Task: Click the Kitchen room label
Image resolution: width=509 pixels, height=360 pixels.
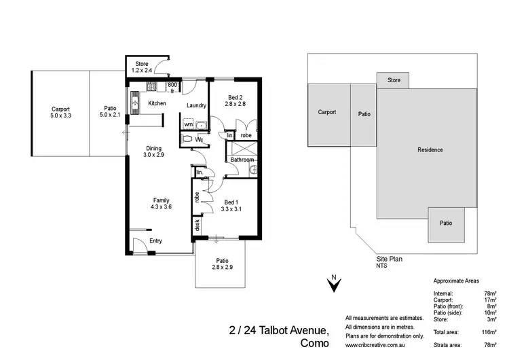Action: (x=157, y=103)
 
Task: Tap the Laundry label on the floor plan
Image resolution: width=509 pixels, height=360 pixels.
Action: (x=196, y=105)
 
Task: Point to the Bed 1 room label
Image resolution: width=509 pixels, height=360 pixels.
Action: (x=231, y=201)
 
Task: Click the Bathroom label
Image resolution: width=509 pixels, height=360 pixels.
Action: (x=242, y=160)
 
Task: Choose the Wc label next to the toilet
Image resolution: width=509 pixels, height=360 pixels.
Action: (x=200, y=140)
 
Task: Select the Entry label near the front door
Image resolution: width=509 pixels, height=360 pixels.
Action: (x=155, y=240)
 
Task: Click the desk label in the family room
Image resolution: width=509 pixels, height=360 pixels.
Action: (x=197, y=225)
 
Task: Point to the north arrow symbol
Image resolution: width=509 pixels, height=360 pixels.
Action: (x=333, y=285)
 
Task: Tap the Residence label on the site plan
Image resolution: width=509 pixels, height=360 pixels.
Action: (x=430, y=149)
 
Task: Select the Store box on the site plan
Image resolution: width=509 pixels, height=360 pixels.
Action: (x=394, y=80)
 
